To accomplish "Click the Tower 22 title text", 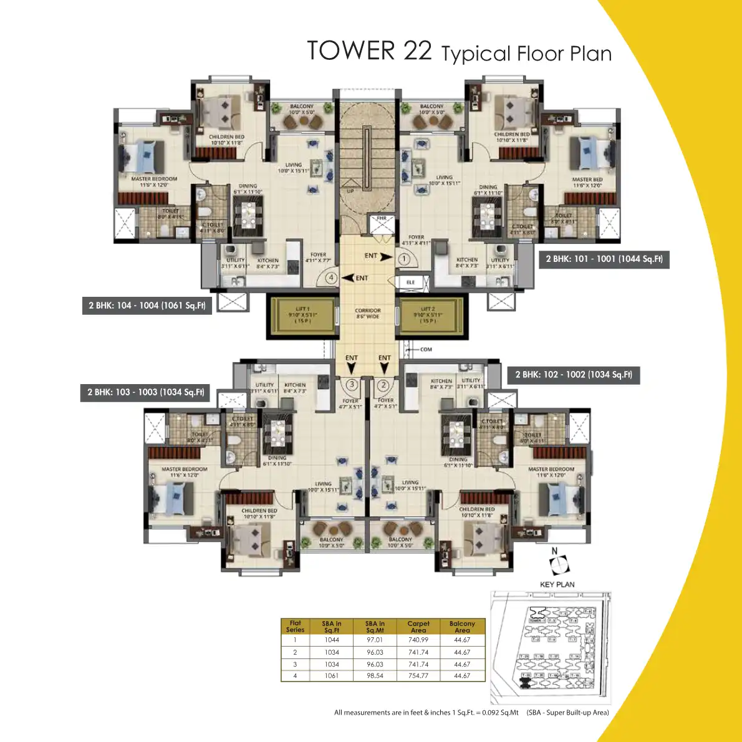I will point(459,52).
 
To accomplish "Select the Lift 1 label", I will point(302,315).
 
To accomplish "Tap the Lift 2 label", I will point(428,315).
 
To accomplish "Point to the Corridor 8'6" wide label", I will point(368,313).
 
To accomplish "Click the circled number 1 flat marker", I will point(403,258).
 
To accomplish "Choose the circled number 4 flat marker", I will point(332,278).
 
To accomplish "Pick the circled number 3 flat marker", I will point(352,385).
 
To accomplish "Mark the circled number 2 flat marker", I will point(383,385).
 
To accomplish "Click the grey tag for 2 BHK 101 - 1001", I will point(604,259).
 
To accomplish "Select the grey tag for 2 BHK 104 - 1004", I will point(147,306).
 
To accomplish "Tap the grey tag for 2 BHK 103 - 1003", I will point(145,392).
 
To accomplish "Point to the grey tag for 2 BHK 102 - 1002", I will point(574,375).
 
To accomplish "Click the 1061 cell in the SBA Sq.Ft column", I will point(332,676).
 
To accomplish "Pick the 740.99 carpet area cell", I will point(418,640).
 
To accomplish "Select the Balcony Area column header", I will point(462,627).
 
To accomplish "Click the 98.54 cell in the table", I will point(375,676).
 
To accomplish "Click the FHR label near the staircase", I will point(381,219).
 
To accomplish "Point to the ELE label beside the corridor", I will point(410,282).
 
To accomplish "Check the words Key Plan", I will point(557,584).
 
